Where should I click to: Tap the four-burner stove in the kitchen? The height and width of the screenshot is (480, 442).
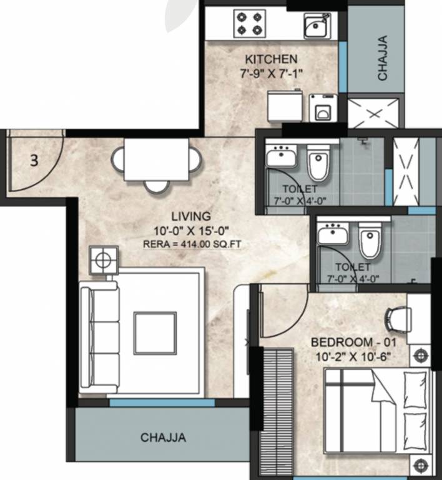(x=250, y=24)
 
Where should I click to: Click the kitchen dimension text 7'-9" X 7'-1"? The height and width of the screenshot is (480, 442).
(x=270, y=73)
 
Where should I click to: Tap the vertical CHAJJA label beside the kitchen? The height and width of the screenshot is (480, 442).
(x=382, y=57)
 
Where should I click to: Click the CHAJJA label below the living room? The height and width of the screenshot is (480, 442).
(x=163, y=437)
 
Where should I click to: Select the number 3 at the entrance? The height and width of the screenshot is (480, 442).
(x=34, y=160)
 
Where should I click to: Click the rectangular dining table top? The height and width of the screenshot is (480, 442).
(x=156, y=159)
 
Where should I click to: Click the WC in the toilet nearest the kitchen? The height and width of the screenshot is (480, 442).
(x=318, y=163)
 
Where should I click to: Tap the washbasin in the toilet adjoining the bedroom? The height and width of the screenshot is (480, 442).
(x=330, y=234)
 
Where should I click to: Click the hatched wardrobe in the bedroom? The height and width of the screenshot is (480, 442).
(x=275, y=412)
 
